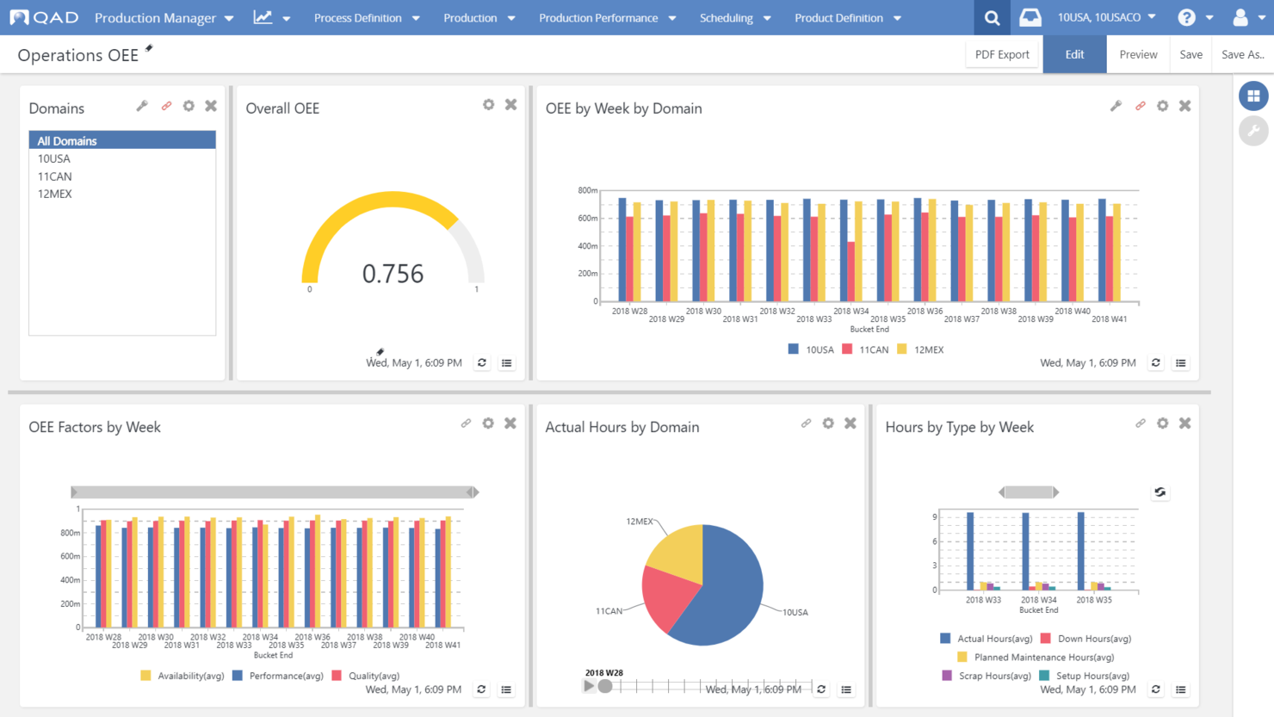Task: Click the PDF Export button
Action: (1002, 54)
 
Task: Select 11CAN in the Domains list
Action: (55, 176)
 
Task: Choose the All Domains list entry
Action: (67, 140)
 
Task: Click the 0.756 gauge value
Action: (393, 274)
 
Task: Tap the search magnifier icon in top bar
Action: (992, 17)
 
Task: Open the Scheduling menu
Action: (734, 17)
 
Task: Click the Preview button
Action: (1138, 54)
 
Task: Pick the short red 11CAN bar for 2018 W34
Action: (851, 271)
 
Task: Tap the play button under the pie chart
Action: (589, 686)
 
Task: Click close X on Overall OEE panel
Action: (511, 105)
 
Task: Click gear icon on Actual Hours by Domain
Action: (828, 423)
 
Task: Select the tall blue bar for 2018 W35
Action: (1081, 551)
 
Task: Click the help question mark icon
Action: (1186, 17)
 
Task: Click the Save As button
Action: (1242, 54)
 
